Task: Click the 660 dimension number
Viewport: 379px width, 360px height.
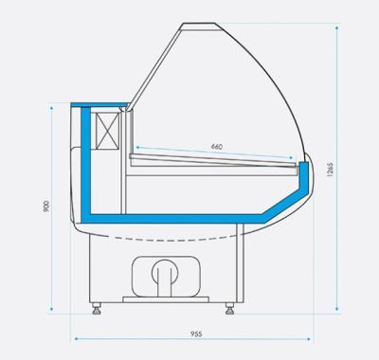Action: point(216,147)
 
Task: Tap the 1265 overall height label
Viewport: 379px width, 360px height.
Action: point(329,170)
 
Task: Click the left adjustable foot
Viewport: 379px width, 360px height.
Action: point(96,307)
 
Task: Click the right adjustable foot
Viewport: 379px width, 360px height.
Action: point(230,307)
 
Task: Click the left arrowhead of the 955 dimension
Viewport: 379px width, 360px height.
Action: point(73,339)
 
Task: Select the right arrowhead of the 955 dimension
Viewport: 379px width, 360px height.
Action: point(313,339)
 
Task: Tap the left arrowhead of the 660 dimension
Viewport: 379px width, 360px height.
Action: point(135,150)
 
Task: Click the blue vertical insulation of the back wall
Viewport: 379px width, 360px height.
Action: point(85,161)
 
